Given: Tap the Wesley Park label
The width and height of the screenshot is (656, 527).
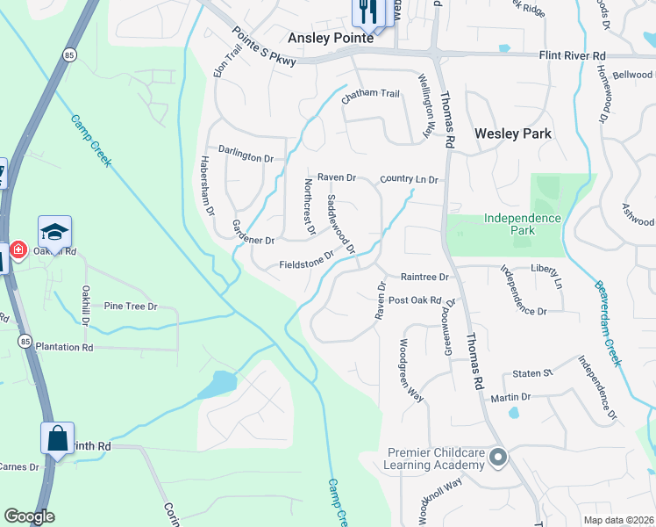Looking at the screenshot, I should [x=513, y=134].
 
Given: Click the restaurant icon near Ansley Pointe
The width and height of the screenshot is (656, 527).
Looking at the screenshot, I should [x=366, y=11].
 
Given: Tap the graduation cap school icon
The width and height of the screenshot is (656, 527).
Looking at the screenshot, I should [x=54, y=232].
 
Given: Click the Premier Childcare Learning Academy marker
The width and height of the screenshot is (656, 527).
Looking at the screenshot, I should [x=499, y=457].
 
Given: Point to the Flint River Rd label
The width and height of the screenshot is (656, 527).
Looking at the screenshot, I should [x=573, y=55].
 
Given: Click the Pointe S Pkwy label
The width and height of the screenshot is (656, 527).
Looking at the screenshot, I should [x=264, y=46].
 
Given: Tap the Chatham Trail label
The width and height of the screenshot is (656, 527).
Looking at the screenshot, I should [x=370, y=93].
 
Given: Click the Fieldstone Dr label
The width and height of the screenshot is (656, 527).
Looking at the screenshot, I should [x=307, y=261].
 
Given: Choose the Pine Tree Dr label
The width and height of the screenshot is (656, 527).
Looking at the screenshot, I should [x=130, y=307].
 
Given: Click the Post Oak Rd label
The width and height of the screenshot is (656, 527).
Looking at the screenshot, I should [x=414, y=300].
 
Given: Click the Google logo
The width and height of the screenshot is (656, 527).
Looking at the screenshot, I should [x=29, y=516].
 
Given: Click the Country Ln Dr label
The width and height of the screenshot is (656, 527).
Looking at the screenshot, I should [x=409, y=179].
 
